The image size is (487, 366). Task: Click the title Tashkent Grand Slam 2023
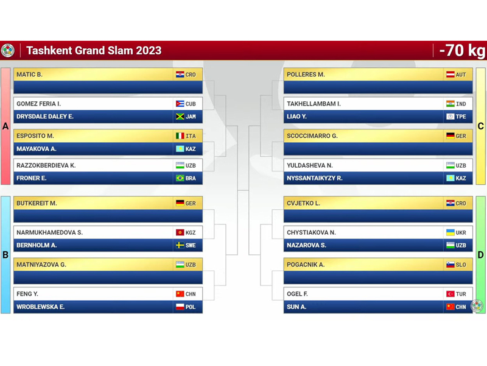(94, 51)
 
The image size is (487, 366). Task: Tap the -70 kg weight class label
(462, 51)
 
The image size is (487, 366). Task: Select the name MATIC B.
(29, 74)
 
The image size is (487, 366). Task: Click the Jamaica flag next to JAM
(180, 117)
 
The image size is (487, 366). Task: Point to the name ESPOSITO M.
(35, 135)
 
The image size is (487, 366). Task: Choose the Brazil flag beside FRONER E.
(180, 178)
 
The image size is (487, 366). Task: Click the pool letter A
(5, 126)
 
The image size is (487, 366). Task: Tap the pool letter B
(5, 255)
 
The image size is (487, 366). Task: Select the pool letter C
(480, 126)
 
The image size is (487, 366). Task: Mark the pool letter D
(480, 255)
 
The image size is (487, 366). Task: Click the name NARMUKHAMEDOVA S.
(50, 232)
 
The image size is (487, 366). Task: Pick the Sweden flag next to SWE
(180, 245)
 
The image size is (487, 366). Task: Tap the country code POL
(191, 307)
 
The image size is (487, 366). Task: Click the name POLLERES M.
(306, 74)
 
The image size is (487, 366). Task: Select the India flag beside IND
(450, 104)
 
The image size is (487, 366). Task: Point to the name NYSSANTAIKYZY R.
(314, 178)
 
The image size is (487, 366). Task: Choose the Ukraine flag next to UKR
(450, 232)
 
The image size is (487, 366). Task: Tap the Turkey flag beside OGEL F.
(450, 294)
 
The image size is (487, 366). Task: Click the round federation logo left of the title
(8, 51)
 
